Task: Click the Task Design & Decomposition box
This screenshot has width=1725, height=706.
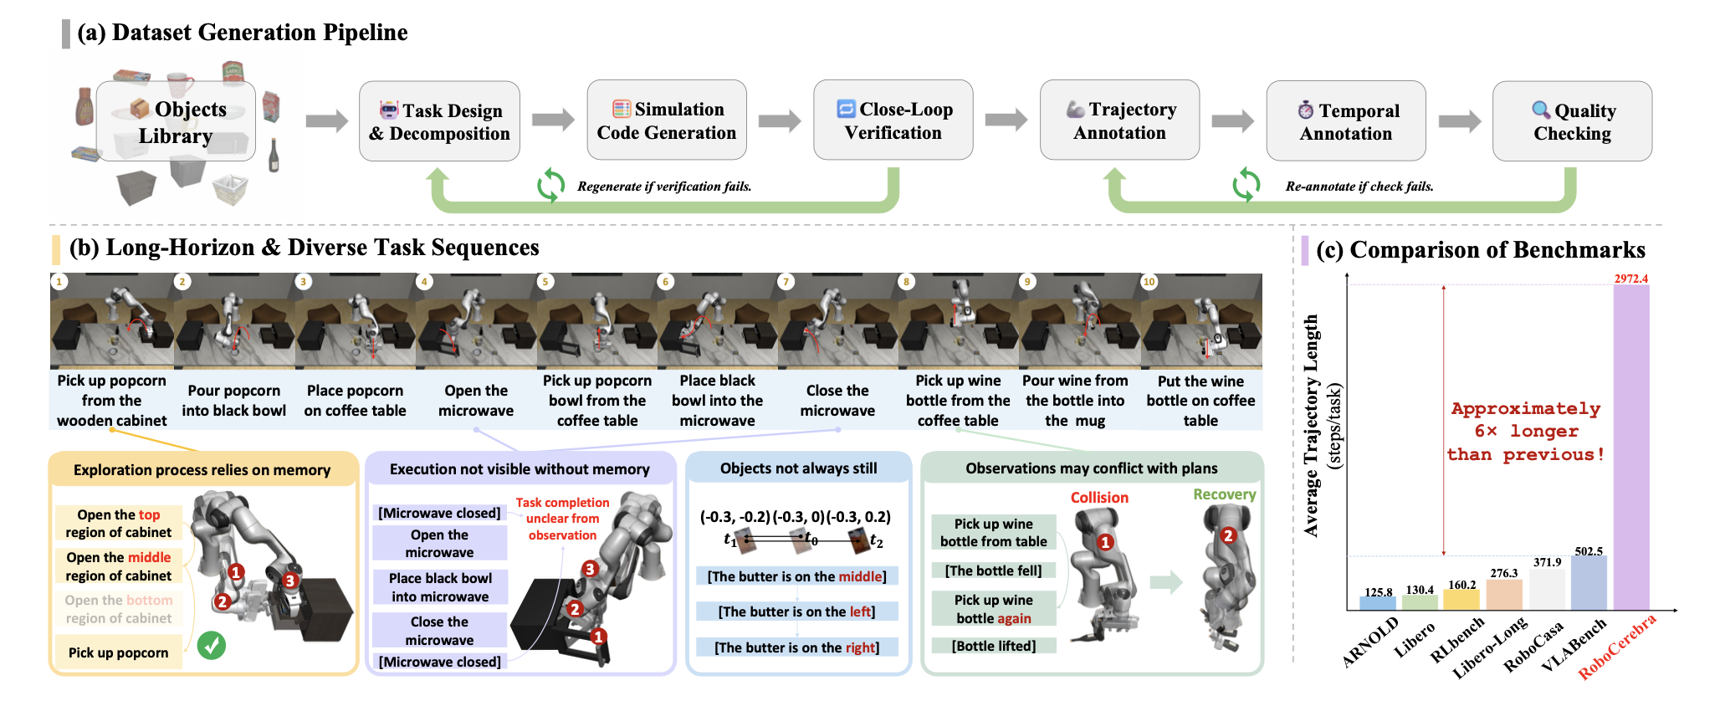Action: [x=439, y=121]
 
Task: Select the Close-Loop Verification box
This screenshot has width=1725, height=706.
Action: [x=893, y=120]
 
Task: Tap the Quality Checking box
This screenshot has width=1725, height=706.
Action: [x=1572, y=121]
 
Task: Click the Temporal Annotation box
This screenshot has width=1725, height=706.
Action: [x=1345, y=121]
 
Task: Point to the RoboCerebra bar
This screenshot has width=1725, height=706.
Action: [x=1631, y=447]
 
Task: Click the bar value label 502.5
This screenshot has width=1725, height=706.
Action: [x=1589, y=551]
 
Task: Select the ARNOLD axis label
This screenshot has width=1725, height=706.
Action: [x=1370, y=642]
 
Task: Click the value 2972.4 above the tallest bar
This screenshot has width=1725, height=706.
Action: [x=1630, y=279]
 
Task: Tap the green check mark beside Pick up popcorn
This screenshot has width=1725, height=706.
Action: [x=212, y=646]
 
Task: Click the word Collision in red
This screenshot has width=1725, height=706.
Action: [x=1099, y=498]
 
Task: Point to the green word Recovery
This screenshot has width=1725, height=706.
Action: [x=1224, y=494]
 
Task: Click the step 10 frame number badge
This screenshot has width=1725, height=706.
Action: [x=1149, y=282]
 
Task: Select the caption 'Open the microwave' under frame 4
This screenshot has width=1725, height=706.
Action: [x=476, y=401]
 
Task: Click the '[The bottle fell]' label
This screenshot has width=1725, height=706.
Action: [x=993, y=570]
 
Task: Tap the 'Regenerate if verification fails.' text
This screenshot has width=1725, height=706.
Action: [x=664, y=187]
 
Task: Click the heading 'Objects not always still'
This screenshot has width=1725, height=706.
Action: [x=798, y=468]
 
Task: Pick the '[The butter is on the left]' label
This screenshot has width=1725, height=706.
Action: [x=796, y=611]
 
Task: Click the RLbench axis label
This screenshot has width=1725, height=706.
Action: [x=1456, y=641]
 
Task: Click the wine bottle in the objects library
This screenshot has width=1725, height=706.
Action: [x=274, y=155]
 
